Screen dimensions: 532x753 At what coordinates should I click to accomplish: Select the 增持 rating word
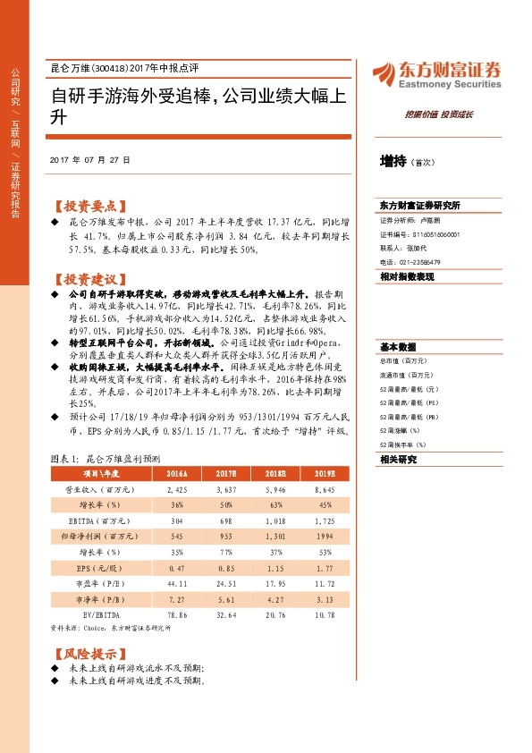click(x=392, y=161)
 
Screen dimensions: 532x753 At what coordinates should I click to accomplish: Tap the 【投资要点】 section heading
click(x=90, y=205)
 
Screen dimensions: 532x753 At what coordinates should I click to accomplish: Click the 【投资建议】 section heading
click(x=90, y=278)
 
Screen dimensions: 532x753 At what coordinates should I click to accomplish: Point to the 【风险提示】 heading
click(x=90, y=654)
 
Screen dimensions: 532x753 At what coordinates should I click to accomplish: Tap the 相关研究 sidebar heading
click(x=394, y=459)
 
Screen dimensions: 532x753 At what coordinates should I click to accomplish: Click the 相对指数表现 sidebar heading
click(x=406, y=277)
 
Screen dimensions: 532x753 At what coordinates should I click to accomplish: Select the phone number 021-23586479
click(x=418, y=261)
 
